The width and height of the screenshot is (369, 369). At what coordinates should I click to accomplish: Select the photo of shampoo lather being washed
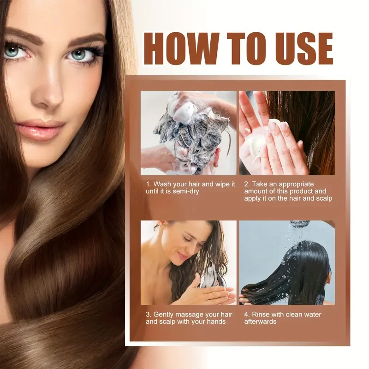coord(188,133)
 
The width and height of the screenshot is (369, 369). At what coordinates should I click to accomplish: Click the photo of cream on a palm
coord(287,133)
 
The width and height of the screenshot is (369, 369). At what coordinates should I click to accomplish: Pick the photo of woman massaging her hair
coord(188,262)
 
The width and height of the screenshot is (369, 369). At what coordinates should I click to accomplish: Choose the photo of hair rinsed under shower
coord(287,262)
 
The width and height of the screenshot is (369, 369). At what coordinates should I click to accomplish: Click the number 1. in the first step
coord(149,184)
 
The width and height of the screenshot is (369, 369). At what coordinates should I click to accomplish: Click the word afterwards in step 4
coord(261,321)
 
